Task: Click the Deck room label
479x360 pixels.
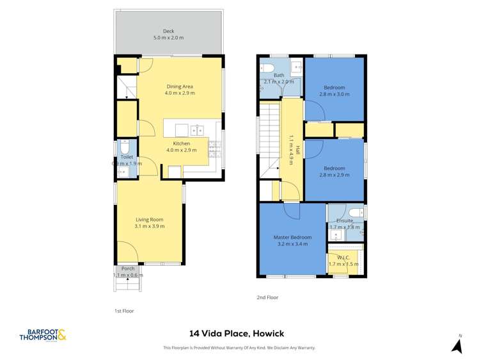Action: [x=168, y=31]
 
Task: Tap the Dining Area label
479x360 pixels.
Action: [x=180, y=86]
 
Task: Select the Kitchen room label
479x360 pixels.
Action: [x=182, y=143]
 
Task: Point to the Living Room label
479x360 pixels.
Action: [x=150, y=220]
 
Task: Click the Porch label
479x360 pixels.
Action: [x=128, y=268]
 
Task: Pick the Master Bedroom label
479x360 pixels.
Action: [x=292, y=237]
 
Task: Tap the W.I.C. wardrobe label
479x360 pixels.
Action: [x=343, y=258]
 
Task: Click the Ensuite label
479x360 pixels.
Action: [x=345, y=220]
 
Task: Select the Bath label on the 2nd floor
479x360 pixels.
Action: [x=279, y=75]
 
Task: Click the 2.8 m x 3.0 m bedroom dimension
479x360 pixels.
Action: [x=334, y=94]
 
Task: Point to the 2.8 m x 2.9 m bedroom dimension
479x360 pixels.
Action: [x=334, y=175]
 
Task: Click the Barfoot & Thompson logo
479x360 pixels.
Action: [x=43, y=335]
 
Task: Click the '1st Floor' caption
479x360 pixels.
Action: [x=124, y=311]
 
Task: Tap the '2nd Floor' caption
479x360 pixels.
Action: [x=268, y=297]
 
